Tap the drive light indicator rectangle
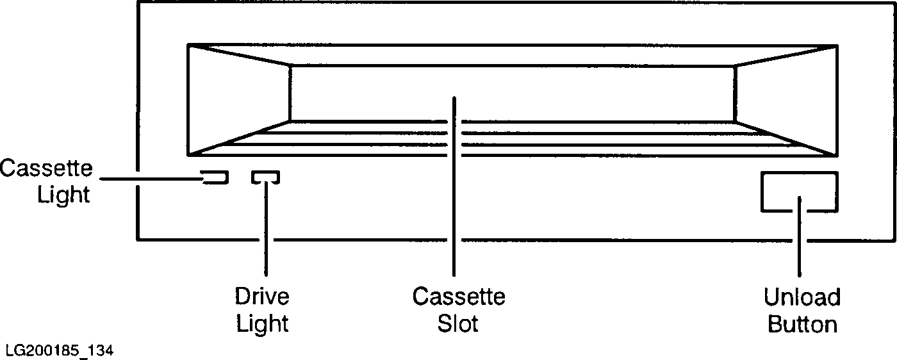pyautogui.click(x=265, y=177)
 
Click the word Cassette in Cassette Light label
pyautogui.click(x=46, y=168)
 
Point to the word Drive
pyautogui.click(x=262, y=297)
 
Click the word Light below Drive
pyautogui.click(x=262, y=323)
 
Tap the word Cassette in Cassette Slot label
pyautogui.click(x=458, y=297)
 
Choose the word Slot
pyautogui.click(x=458, y=323)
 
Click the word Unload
pyautogui.click(x=802, y=298)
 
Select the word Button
pyautogui.click(x=802, y=324)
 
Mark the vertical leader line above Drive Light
pyautogui.click(x=265, y=231)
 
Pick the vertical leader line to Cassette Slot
pyautogui.click(x=454, y=192)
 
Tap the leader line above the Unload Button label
pyautogui.click(x=799, y=243)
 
